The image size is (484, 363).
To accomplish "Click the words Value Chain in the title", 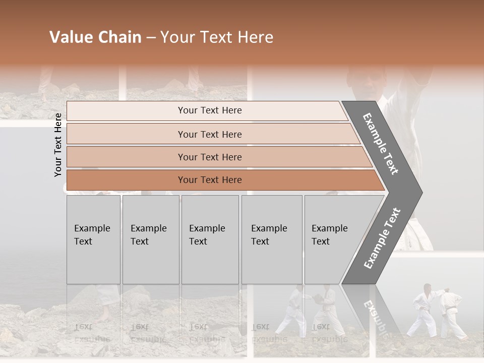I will point(95,37).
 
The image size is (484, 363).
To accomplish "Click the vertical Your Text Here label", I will point(58,145).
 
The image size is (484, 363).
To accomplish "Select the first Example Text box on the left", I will point(93,239).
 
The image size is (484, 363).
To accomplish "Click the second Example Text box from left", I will point(150,239).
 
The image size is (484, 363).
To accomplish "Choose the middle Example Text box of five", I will point(210,239).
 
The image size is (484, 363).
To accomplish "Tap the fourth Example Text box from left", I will point(272,239).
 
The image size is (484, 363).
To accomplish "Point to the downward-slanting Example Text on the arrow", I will point(381,144).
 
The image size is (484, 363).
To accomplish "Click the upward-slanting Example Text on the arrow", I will point(382,238).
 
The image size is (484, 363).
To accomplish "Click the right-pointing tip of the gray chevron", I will point(419,193).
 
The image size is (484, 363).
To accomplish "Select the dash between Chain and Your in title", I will point(151,38).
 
